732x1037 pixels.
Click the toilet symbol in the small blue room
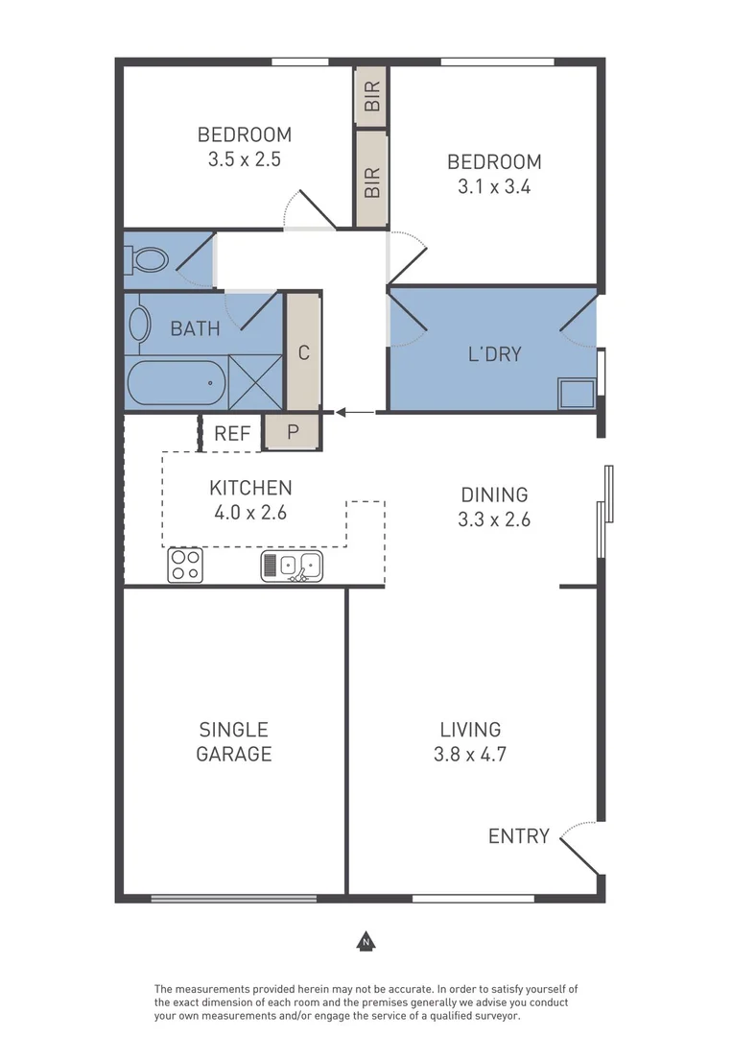tap(146, 259)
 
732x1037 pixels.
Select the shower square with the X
tap(255, 382)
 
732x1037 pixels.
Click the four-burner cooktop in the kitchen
tap(185, 566)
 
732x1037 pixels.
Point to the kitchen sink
tap(292, 567)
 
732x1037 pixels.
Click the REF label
tap(232, 434)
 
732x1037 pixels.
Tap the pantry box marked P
tap(293, 433)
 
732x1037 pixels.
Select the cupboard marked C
tap(303, 352)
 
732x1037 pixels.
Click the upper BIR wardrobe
tap(371, 95)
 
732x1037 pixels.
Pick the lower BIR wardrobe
tap(371, 180)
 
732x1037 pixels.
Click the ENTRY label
tap(519, 836)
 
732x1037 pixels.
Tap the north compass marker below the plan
tap(365, 941)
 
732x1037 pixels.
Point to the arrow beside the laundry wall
tap(355, 413)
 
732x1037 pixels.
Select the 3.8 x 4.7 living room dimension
tap(470, 754)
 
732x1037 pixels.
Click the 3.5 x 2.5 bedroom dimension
tap(244, 160)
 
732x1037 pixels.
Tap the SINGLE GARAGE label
tap(234, 741)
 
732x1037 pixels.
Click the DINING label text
tap(494, 495)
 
